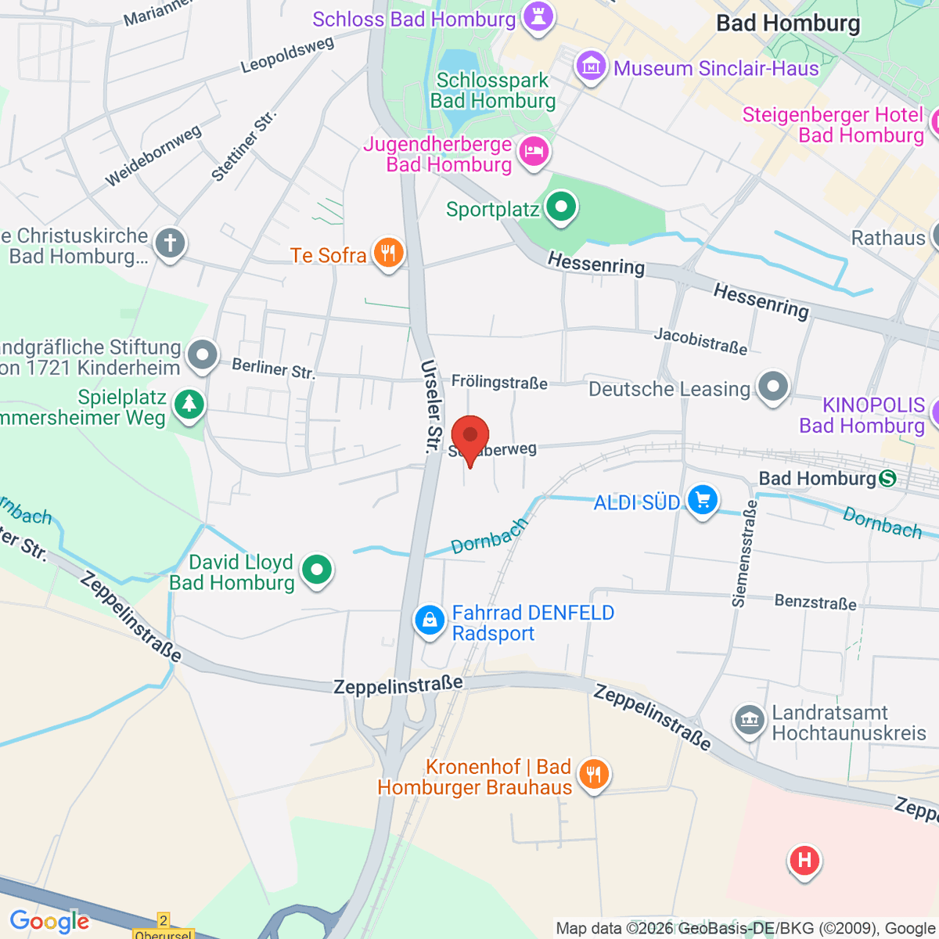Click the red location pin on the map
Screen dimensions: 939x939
click(x=469, y=437)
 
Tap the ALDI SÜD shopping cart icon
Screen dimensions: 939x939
click(x=702, y=499)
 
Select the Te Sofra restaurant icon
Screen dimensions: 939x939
click(x=387, y=253)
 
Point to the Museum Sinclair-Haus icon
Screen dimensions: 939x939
click(x=591, y=67)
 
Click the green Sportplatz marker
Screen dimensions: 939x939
click(x=560, y=207)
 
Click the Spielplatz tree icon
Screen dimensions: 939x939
click(x=188, y=405)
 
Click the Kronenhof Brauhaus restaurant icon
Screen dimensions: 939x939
click(x=594, y=775)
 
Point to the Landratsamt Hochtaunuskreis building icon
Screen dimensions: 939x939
click(x=749, y=720)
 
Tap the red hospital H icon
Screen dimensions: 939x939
click(x=804, y=861)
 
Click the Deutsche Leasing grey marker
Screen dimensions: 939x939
click(x=773, y=386)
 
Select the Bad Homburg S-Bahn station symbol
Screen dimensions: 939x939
click(x=887, y=478)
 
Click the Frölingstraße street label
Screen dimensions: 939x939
click(x=499, y=382)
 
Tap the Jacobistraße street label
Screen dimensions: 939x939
click(x=700, y=340)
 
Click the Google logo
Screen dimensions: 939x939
click(x=49, y=921)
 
